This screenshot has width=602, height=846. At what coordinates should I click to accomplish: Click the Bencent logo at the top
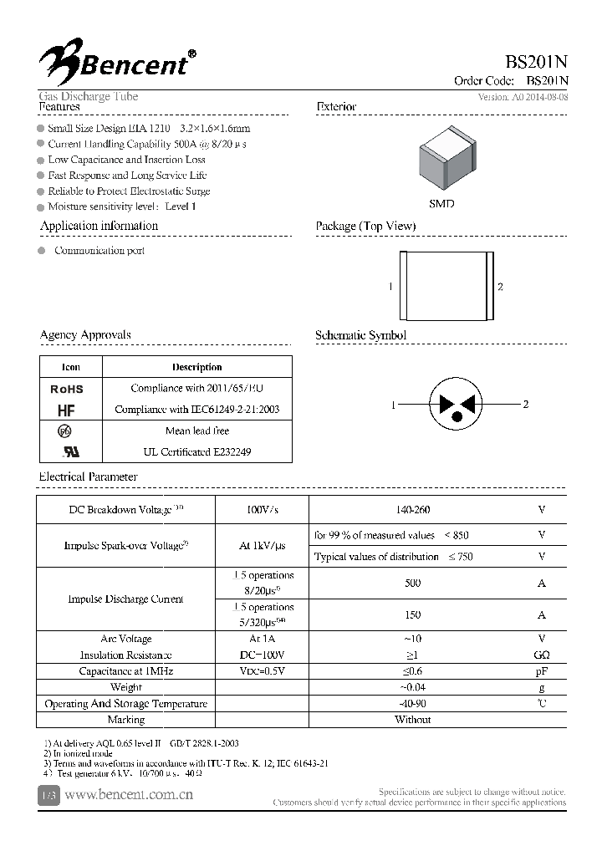click(117, 59)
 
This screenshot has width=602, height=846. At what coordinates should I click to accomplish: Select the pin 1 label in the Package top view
click(390, 287)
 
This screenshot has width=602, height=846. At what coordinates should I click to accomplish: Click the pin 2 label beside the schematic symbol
click(525, 405)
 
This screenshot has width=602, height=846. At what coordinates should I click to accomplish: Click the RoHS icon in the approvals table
click(67, 389)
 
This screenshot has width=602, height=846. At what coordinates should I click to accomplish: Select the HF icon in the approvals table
click(66, 410)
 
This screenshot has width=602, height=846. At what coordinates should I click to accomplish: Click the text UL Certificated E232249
click(196, 451)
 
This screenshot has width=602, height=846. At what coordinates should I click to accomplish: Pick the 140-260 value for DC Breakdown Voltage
click(412, 510)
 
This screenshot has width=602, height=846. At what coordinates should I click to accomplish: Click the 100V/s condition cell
click(262, 510)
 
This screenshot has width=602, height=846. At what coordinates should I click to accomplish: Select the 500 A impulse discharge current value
click(412, 584)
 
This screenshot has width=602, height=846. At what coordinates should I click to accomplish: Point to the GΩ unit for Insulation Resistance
click(542, 655)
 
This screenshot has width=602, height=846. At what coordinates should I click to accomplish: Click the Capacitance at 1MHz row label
click(125, 671)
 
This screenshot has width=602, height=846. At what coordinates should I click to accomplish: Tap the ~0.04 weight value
click(412, 687)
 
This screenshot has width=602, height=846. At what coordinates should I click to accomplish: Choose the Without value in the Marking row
click(412, 720)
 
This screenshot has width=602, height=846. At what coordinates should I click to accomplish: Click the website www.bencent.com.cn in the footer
click(129, 795)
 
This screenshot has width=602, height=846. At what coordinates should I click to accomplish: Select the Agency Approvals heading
click(85, 335)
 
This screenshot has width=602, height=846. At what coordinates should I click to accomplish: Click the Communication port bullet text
click(99, 251)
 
